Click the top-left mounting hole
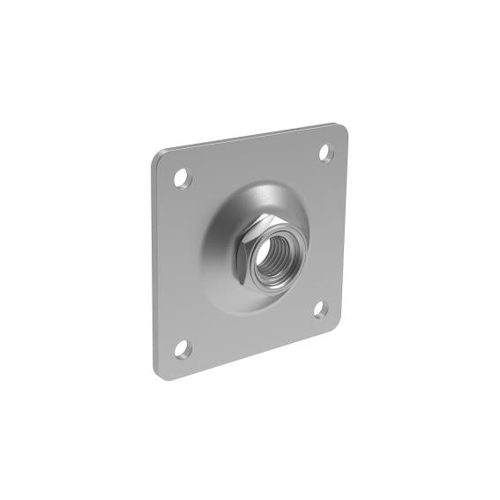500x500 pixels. point(183,176)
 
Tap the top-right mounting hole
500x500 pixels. point(325,153)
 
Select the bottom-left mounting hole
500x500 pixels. point(182,349)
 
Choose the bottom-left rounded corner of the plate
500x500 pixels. point(164,375)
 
